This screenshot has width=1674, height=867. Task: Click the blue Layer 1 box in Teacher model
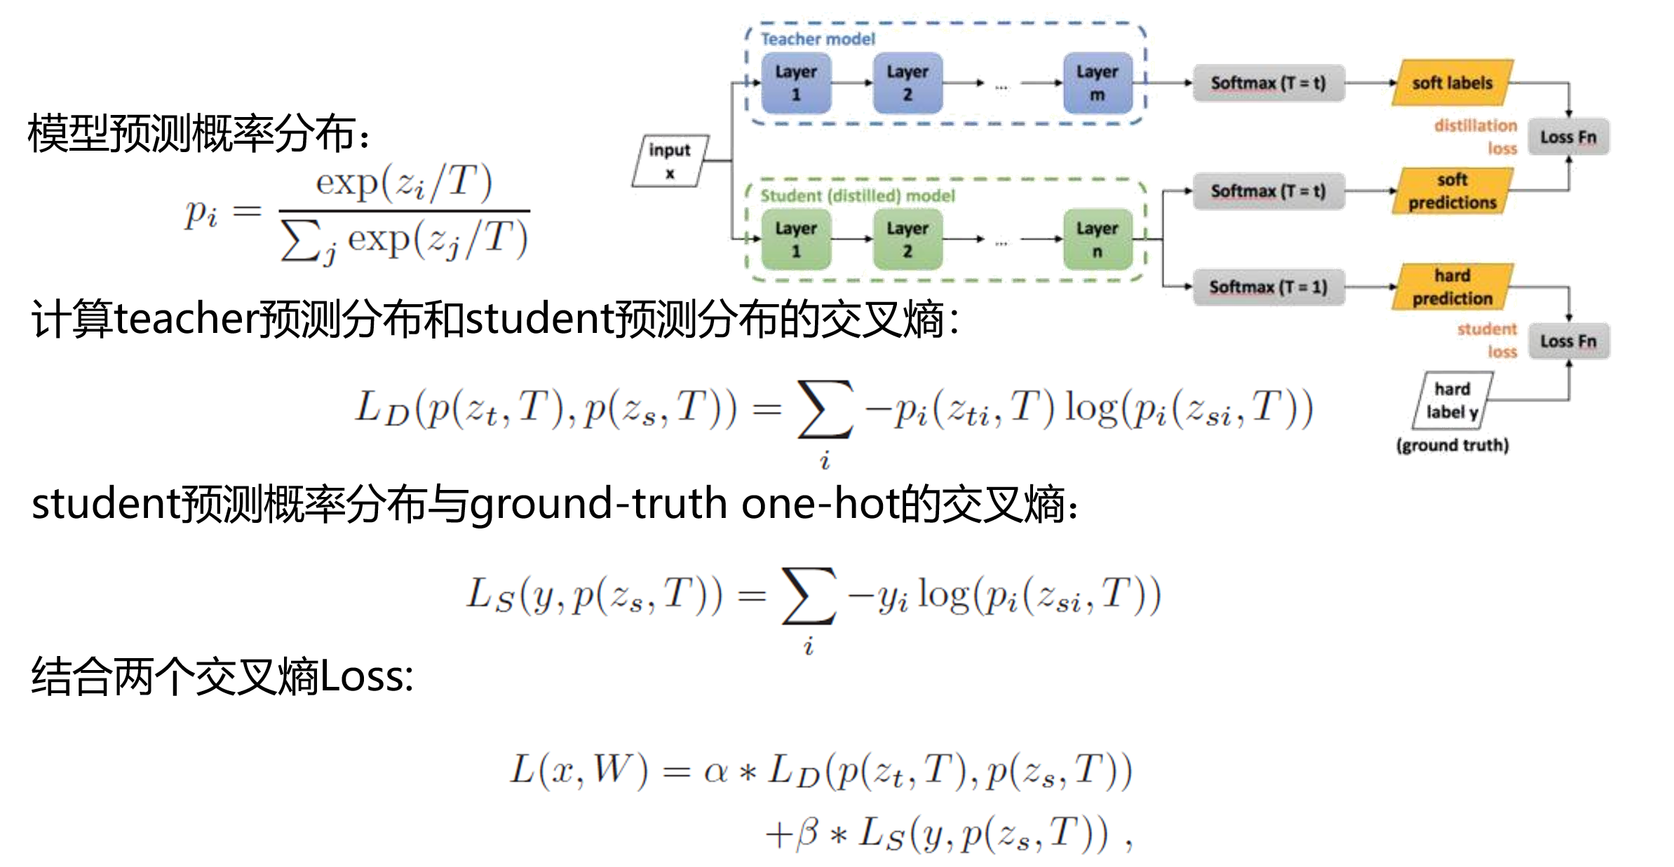tap(795, 83)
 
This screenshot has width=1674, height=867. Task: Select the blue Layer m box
tap(1097, 83)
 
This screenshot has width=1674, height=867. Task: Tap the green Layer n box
tap(1097, 240)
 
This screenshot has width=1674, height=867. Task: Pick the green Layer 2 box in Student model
tap(907, 240)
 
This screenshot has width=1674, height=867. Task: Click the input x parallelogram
tap(670, 161)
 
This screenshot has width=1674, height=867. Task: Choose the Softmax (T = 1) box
tap(1268, 287)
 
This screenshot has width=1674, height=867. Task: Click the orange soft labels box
tap(1452, 83)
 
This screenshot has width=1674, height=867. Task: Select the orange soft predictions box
tap(1452, 191)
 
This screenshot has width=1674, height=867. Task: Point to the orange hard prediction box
tap(1452, 287)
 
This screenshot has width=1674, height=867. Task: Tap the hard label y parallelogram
tap(1452, 400)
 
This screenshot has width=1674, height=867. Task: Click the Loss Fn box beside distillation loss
tap(1568, 137)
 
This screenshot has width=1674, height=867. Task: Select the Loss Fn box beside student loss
tap(1568, 341)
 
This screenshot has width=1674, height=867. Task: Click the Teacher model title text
tap(818, 39)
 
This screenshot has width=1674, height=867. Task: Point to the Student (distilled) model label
tap(857, 196)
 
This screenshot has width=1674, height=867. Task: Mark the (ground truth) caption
tap(1452, 445)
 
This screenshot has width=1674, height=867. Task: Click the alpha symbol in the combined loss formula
tap(715, 772)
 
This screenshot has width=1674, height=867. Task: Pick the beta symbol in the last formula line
tap(807, 833)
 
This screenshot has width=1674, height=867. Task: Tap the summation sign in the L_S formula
tap(809, 596)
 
